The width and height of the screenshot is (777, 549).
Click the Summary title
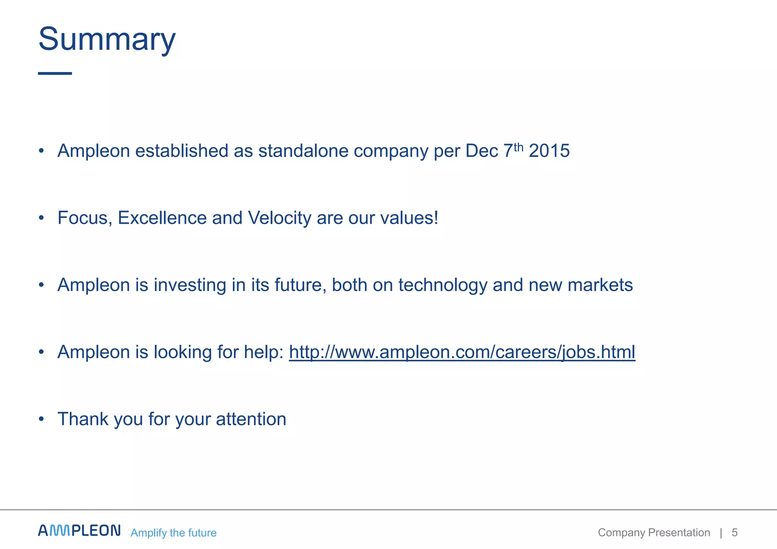click(107, 39)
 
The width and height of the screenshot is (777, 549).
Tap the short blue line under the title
click(55, 73)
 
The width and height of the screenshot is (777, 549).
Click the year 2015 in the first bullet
click(549, 151)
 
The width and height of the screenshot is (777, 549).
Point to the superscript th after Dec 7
click(518, 147)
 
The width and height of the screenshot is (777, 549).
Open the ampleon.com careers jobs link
click(462, 352)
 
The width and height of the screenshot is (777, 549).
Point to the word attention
click(251, 419)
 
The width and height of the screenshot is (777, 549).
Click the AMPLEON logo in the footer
click(79, 530)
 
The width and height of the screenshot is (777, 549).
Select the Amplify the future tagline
click(173, 533)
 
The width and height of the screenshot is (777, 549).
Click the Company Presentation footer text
click(654, 533)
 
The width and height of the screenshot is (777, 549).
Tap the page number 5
click(735, 533)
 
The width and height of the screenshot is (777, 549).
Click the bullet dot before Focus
click(41, 218)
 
